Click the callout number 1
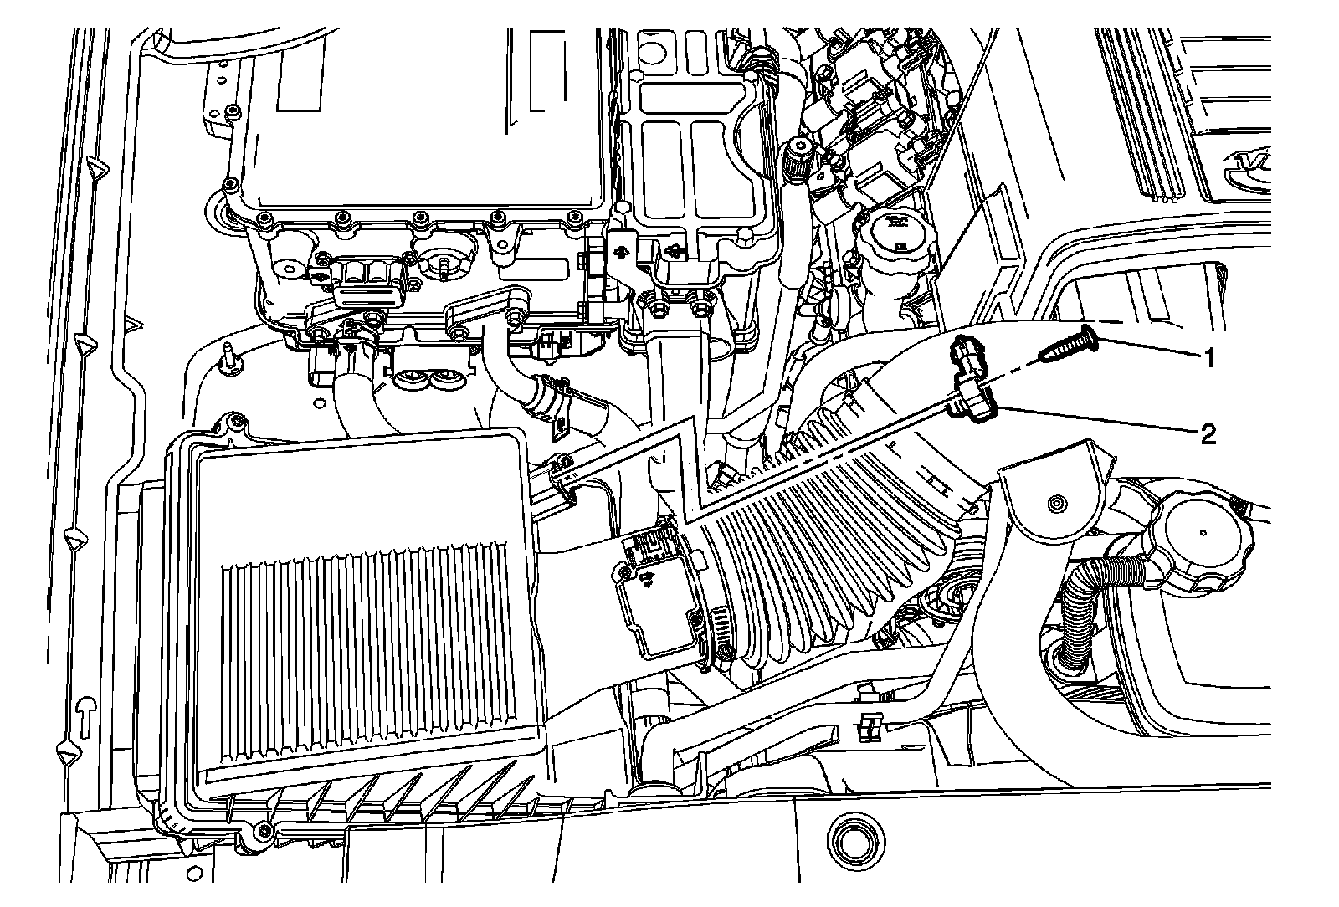(1208, 358)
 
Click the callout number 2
(1208, 433)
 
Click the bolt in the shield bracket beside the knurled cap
(1056, 504)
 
